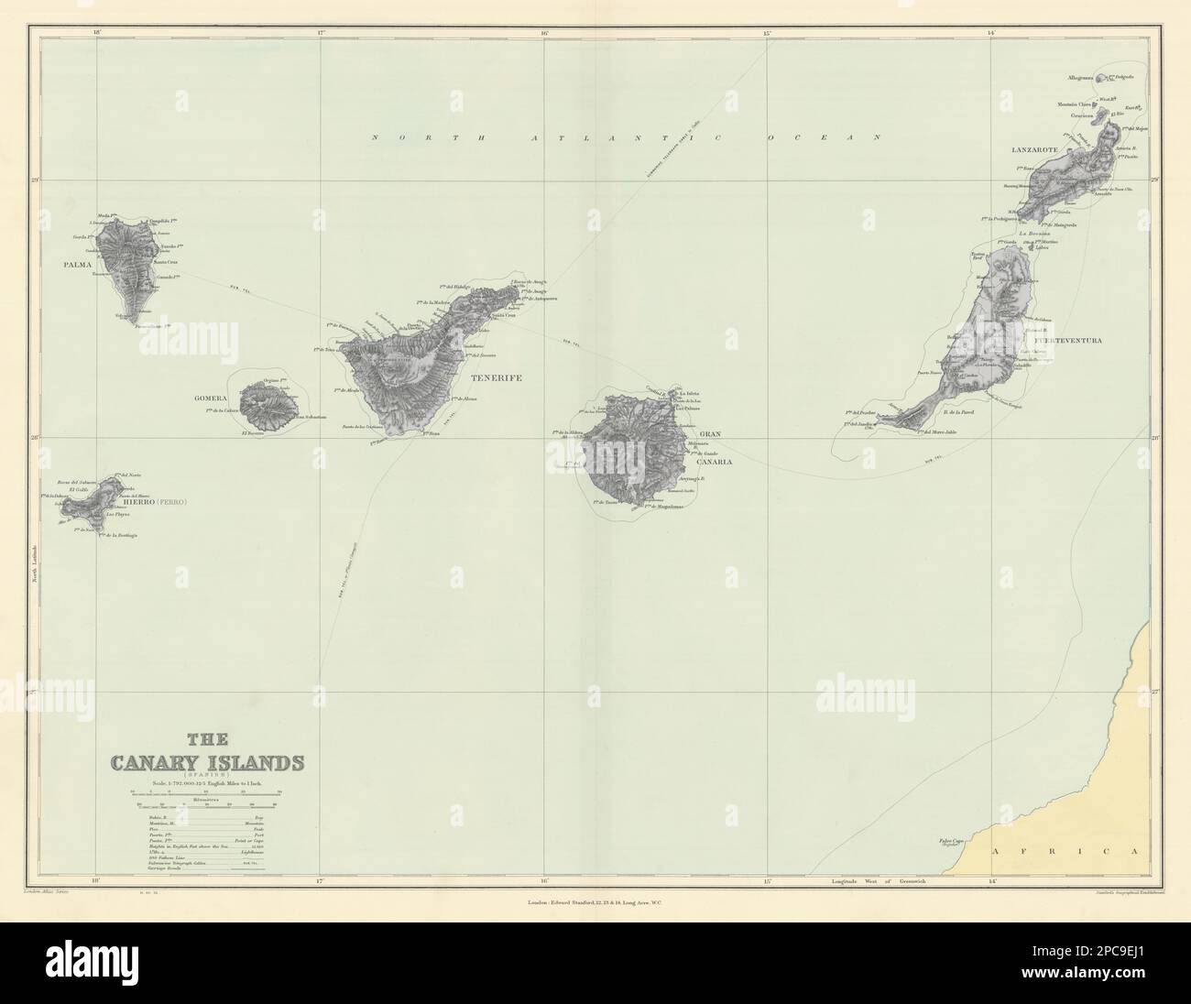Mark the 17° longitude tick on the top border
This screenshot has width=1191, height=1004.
point(321,35)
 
